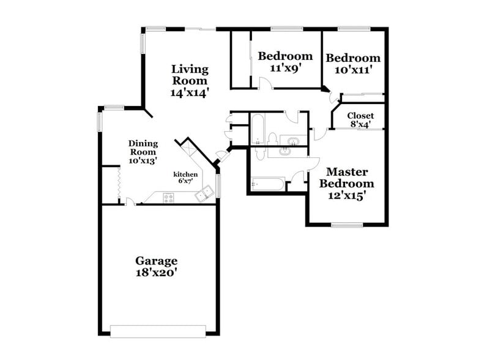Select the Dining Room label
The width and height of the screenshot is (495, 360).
click(x=143, y=148)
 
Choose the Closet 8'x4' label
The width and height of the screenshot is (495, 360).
click(x=360, y=115)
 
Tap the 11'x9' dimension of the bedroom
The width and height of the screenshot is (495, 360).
click(x=285, y=69)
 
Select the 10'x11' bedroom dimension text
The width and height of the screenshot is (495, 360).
click(x=353, y=70)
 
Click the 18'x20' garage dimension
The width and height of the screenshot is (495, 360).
click(x=157, y=273)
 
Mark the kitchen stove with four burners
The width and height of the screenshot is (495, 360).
click(x=169, y=197)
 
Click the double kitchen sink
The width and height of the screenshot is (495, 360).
click(x=204, y=195)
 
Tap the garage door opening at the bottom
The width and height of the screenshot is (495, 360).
click(x=158, y=331)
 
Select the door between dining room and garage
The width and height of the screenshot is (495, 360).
click(x=129, y=201)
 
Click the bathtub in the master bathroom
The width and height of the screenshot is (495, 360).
click(x=267, y=184)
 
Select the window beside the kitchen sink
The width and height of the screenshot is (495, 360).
click(x=218, y=185)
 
